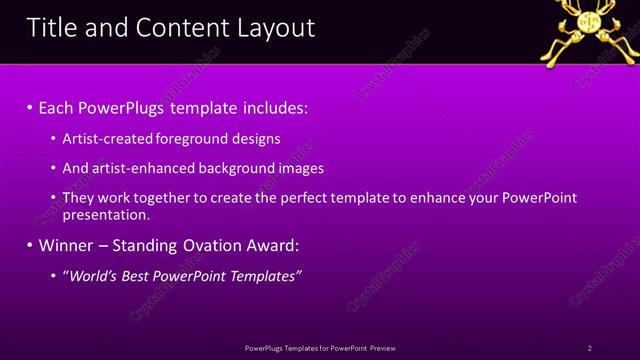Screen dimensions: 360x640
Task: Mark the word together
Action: [169, 198]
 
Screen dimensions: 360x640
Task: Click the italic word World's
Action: [91, 275]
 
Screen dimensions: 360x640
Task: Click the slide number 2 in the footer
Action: [590, 347]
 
